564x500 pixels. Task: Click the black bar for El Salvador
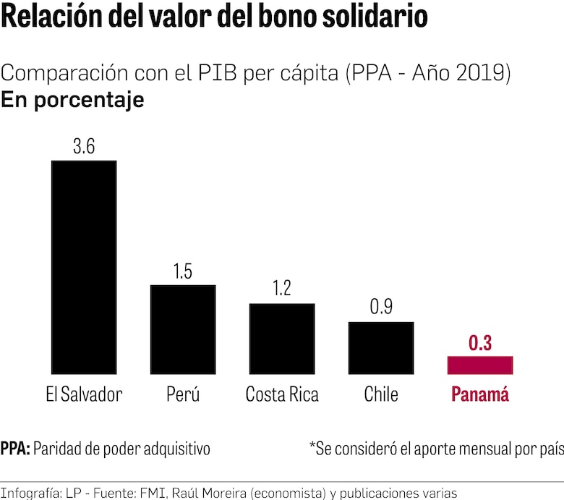tap(83, 267)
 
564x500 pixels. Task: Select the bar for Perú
tap(182, 329)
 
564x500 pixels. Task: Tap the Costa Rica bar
tap(282, 339)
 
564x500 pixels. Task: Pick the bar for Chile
tap(381, 348)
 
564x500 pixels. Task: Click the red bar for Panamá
tap(480, 365)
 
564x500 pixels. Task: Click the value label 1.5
tap(183, 271)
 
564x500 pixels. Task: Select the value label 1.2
tap(282, 289)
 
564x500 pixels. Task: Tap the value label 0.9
tap(381, 308)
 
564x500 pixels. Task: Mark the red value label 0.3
tap(480, 343)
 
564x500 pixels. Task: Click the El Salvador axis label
tap(83, 395)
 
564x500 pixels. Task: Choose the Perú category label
tap(182, 395)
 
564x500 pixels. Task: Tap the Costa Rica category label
tap(282, 395)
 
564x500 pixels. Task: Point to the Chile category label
tap(381, 395)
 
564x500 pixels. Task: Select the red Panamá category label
tap(480, 395)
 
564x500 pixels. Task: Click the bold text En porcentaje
tap(72, 100)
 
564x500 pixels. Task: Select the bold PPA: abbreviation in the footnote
tap(15, 449)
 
